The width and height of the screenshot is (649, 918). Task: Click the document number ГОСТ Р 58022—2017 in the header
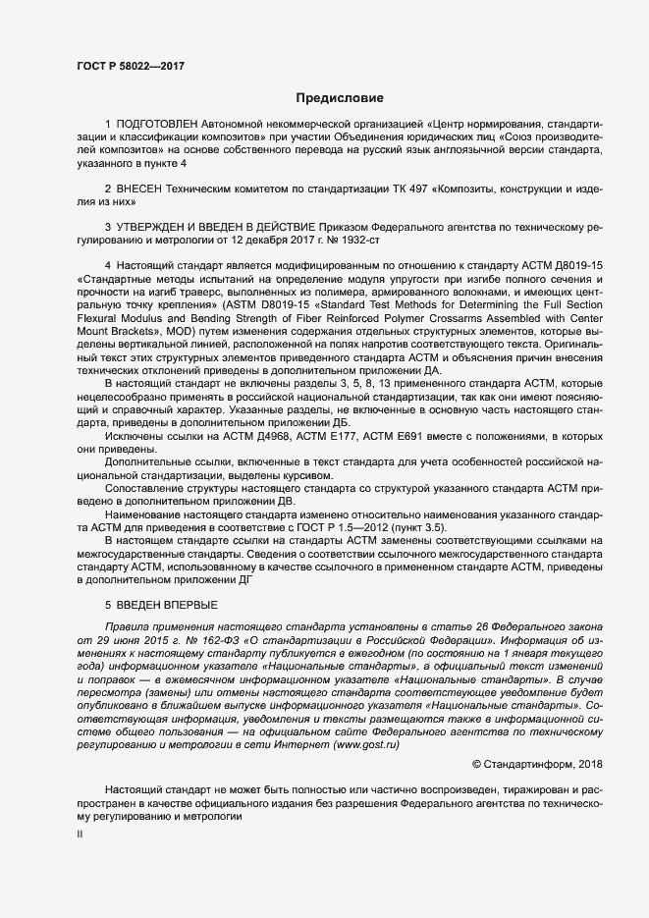(x=130, y=67)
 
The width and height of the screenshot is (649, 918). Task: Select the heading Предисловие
(x=341, y=98)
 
